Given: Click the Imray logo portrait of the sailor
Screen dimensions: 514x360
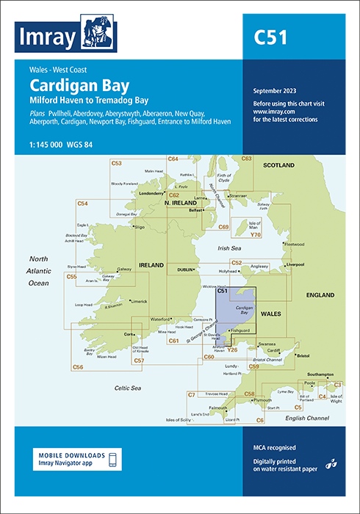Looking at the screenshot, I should (96, 32).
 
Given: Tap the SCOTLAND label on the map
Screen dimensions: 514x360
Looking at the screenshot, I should (279, 165).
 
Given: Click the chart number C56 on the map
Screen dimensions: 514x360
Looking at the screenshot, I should (79, 366).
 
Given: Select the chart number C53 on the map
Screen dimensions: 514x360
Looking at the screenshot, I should (117, 162).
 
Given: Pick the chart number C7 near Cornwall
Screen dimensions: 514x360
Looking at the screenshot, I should (191, 395).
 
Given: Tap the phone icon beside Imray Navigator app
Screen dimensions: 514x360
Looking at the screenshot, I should (112, 459).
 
